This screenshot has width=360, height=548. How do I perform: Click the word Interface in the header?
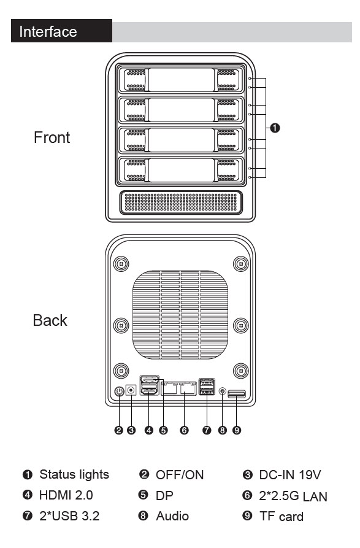[48, 31]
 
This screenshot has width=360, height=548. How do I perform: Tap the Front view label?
[52, 137]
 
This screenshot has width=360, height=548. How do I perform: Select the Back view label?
[50, 320]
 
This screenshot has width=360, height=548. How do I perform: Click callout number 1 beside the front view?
[275, 128]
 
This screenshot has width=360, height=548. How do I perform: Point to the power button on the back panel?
[120, 391]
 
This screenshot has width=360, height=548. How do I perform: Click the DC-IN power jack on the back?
[131, 390]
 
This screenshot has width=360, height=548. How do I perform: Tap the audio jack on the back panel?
[223, 391]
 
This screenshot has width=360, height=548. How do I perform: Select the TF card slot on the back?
[237, 394]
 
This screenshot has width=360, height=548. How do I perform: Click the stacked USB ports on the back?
[207, 387]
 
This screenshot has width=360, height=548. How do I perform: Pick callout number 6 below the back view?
[184, 430]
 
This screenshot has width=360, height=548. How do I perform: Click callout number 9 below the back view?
[237, 430]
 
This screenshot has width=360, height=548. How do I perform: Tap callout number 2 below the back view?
[119, 430]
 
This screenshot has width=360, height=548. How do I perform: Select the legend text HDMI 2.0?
[66, 495]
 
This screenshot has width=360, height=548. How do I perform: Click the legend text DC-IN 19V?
[290, 474]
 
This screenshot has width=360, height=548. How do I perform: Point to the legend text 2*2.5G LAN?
[293, 496]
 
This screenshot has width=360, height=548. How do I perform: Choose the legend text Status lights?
[74, 474]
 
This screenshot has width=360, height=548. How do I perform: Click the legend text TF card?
[281, 517]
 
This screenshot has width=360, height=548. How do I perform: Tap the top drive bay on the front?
[181, 80]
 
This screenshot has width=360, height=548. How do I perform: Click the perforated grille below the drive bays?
[181, 203]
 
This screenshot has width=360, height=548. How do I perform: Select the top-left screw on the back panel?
[121, 263]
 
